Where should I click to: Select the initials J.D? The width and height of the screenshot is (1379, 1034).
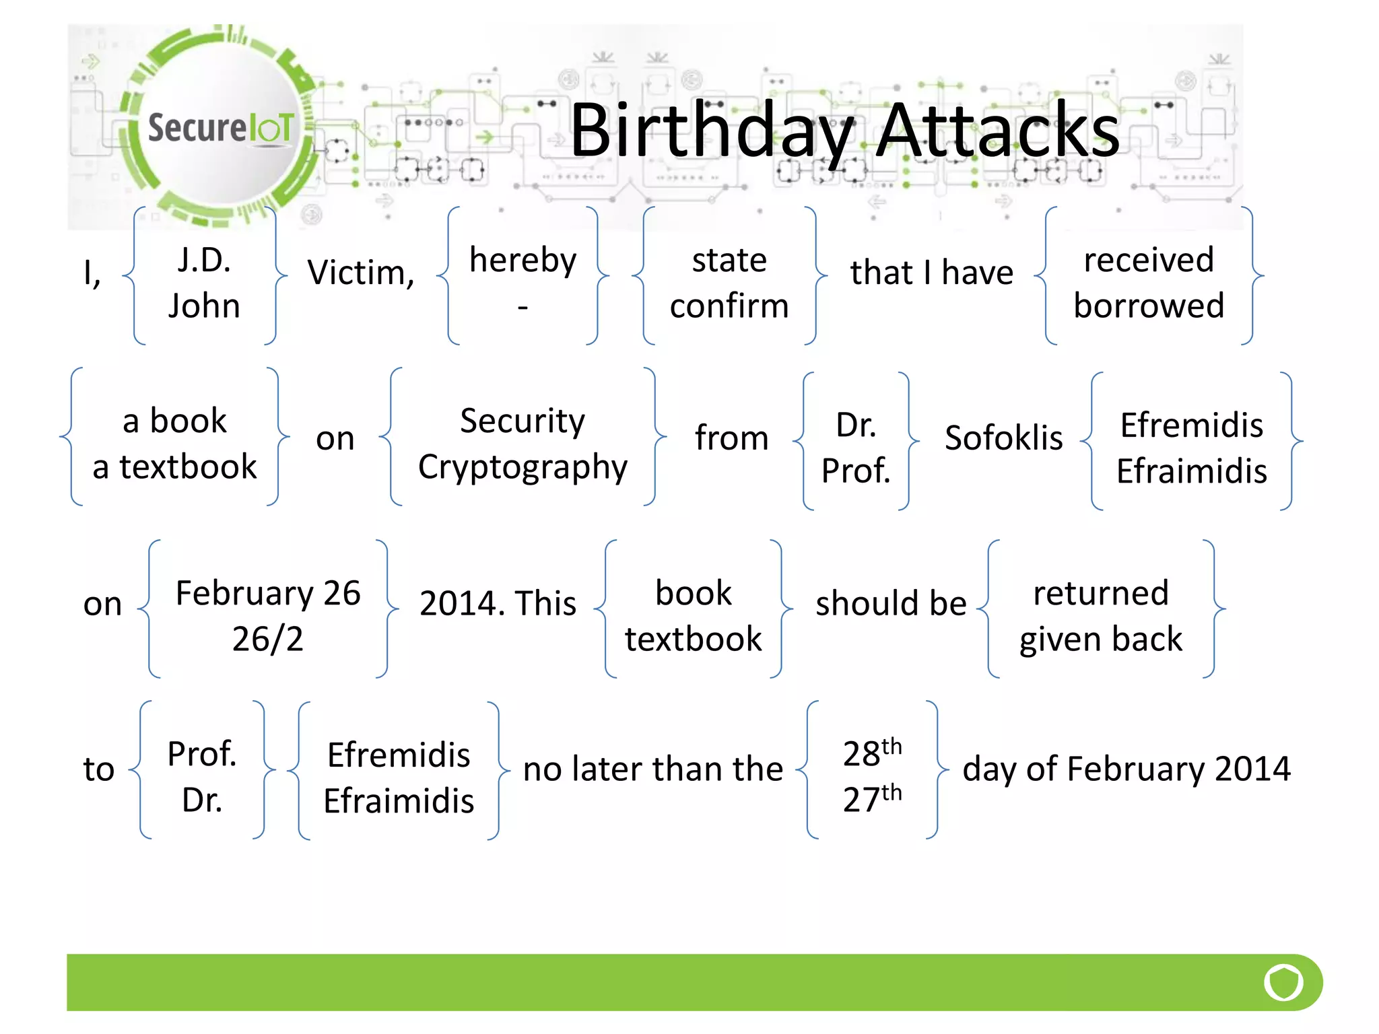pos(204,260)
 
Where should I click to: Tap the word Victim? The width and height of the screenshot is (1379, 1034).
pos(361,273)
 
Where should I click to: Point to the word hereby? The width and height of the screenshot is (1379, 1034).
pos(523,260)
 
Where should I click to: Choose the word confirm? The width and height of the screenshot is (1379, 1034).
pos(729,306)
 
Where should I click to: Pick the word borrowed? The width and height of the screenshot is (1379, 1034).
pos(1149,306)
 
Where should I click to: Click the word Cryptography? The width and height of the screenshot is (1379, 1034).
pos(523,467)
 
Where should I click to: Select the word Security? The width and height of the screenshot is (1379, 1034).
pos(523,421)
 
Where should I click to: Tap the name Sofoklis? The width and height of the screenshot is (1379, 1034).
pos(1003,438)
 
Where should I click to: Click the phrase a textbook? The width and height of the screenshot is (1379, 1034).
pos(174,467)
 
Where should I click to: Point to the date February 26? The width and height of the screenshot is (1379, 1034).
pos(268,593)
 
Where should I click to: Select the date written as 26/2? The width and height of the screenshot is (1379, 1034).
pos(268,639)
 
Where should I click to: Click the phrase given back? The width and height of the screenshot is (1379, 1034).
pos(1101,639)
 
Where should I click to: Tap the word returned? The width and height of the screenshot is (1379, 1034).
pos(1101,593)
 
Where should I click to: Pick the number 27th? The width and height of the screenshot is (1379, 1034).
pos(872,798)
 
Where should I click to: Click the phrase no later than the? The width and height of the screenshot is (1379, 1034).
pos(653,769)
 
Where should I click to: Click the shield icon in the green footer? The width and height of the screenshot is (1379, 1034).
pos(1283,982)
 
